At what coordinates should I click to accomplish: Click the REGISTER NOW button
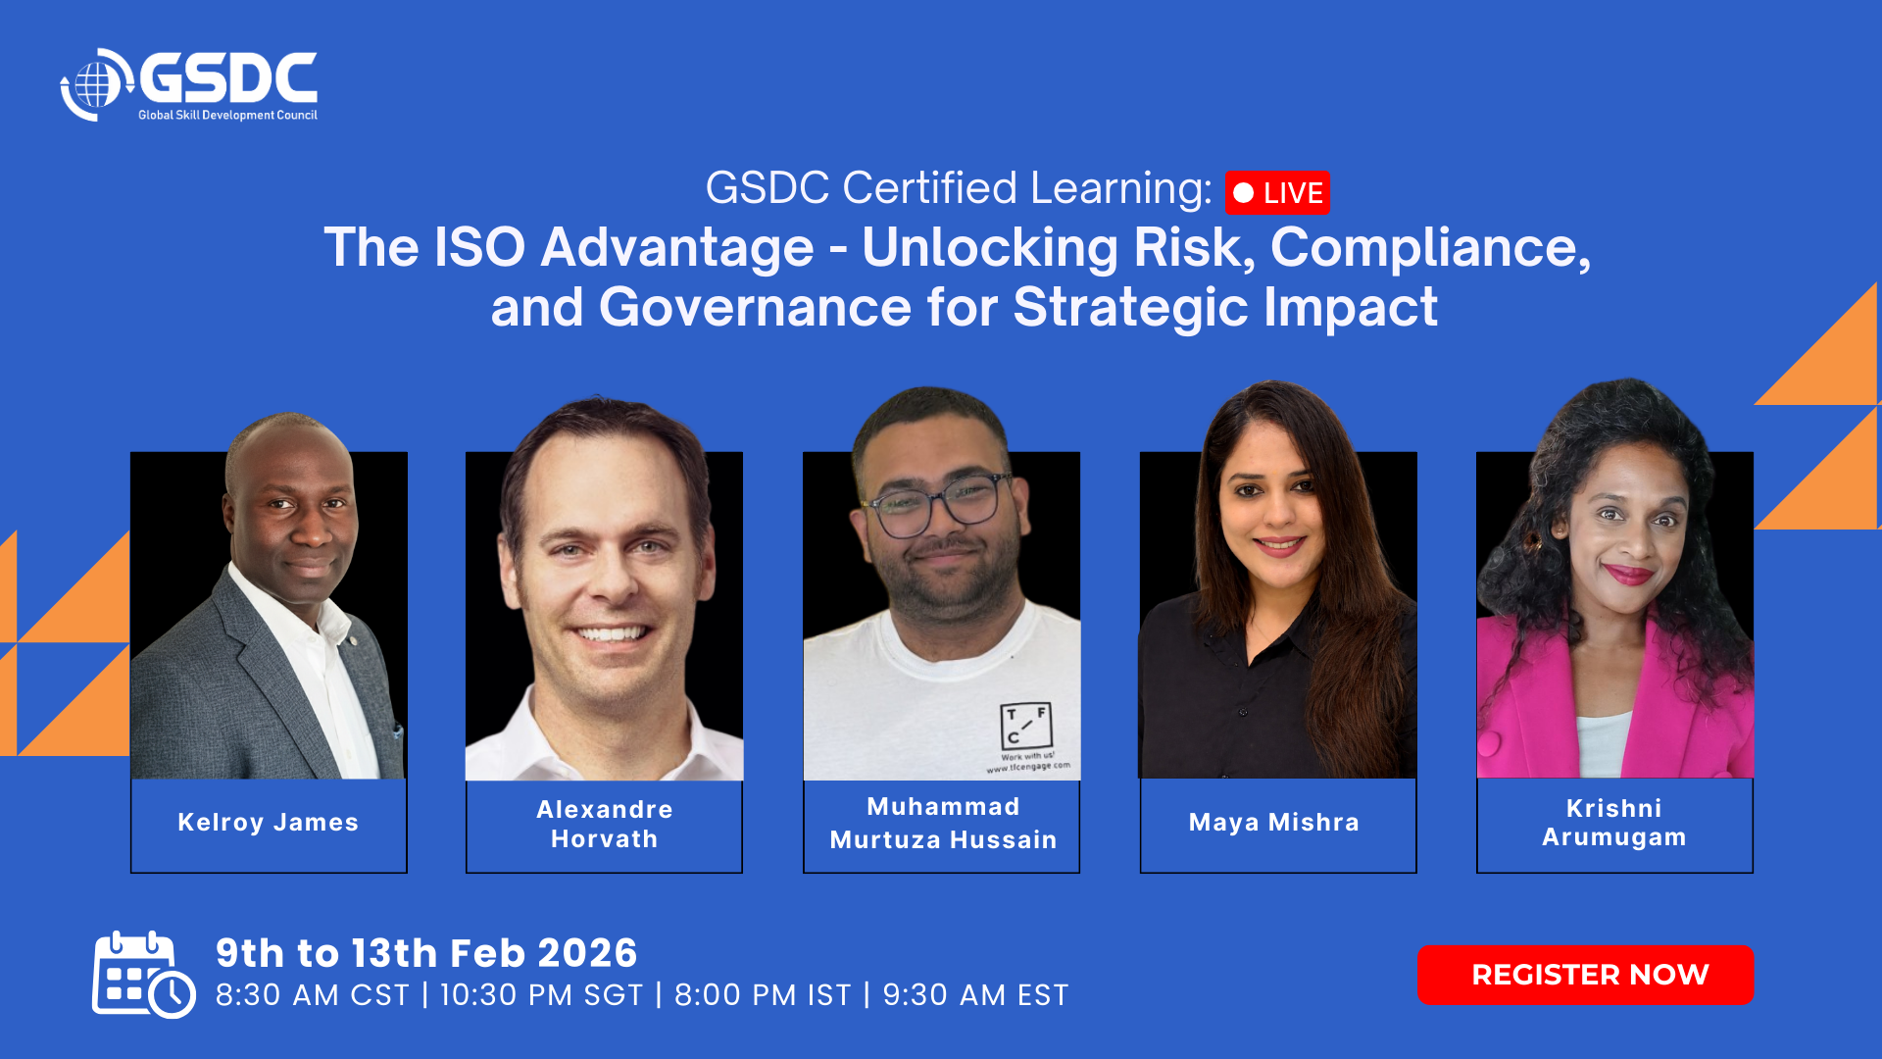(1585, 975)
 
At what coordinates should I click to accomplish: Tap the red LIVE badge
(1277, 193)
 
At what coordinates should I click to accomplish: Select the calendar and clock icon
(144, 975)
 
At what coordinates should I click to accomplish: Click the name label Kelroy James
(269, 822)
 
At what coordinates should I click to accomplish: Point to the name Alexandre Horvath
(605, 824)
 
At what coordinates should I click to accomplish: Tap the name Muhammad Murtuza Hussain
(943, 823)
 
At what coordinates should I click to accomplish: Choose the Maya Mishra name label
(1274, 822)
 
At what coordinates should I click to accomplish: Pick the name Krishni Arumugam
(1614, 822)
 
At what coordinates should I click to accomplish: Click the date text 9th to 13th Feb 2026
(426, 953)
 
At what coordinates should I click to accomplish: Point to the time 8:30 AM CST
(313, 995)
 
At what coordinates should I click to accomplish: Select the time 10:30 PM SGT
(541, 995)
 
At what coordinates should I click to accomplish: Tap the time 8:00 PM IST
(763, 995)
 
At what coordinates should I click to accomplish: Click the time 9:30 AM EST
(975, 995)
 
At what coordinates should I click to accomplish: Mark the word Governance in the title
(756, 307)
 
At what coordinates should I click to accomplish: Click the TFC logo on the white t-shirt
(1026, 727)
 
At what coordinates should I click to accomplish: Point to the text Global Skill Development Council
(227, 116)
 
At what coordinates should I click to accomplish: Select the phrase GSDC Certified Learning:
(959, 188)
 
